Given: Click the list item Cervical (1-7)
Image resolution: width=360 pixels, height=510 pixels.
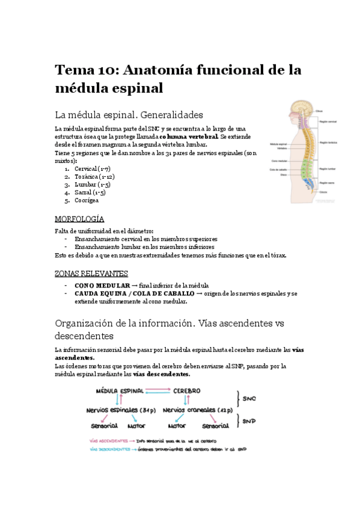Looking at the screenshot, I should [x=93, y=169].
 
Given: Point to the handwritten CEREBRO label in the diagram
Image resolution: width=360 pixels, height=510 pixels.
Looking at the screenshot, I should [x=187, y=391].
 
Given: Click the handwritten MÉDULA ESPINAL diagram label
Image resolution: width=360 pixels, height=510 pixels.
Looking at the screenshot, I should [x=120, y=391].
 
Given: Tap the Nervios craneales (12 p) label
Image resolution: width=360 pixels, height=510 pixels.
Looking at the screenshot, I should [x=198, y=410].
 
